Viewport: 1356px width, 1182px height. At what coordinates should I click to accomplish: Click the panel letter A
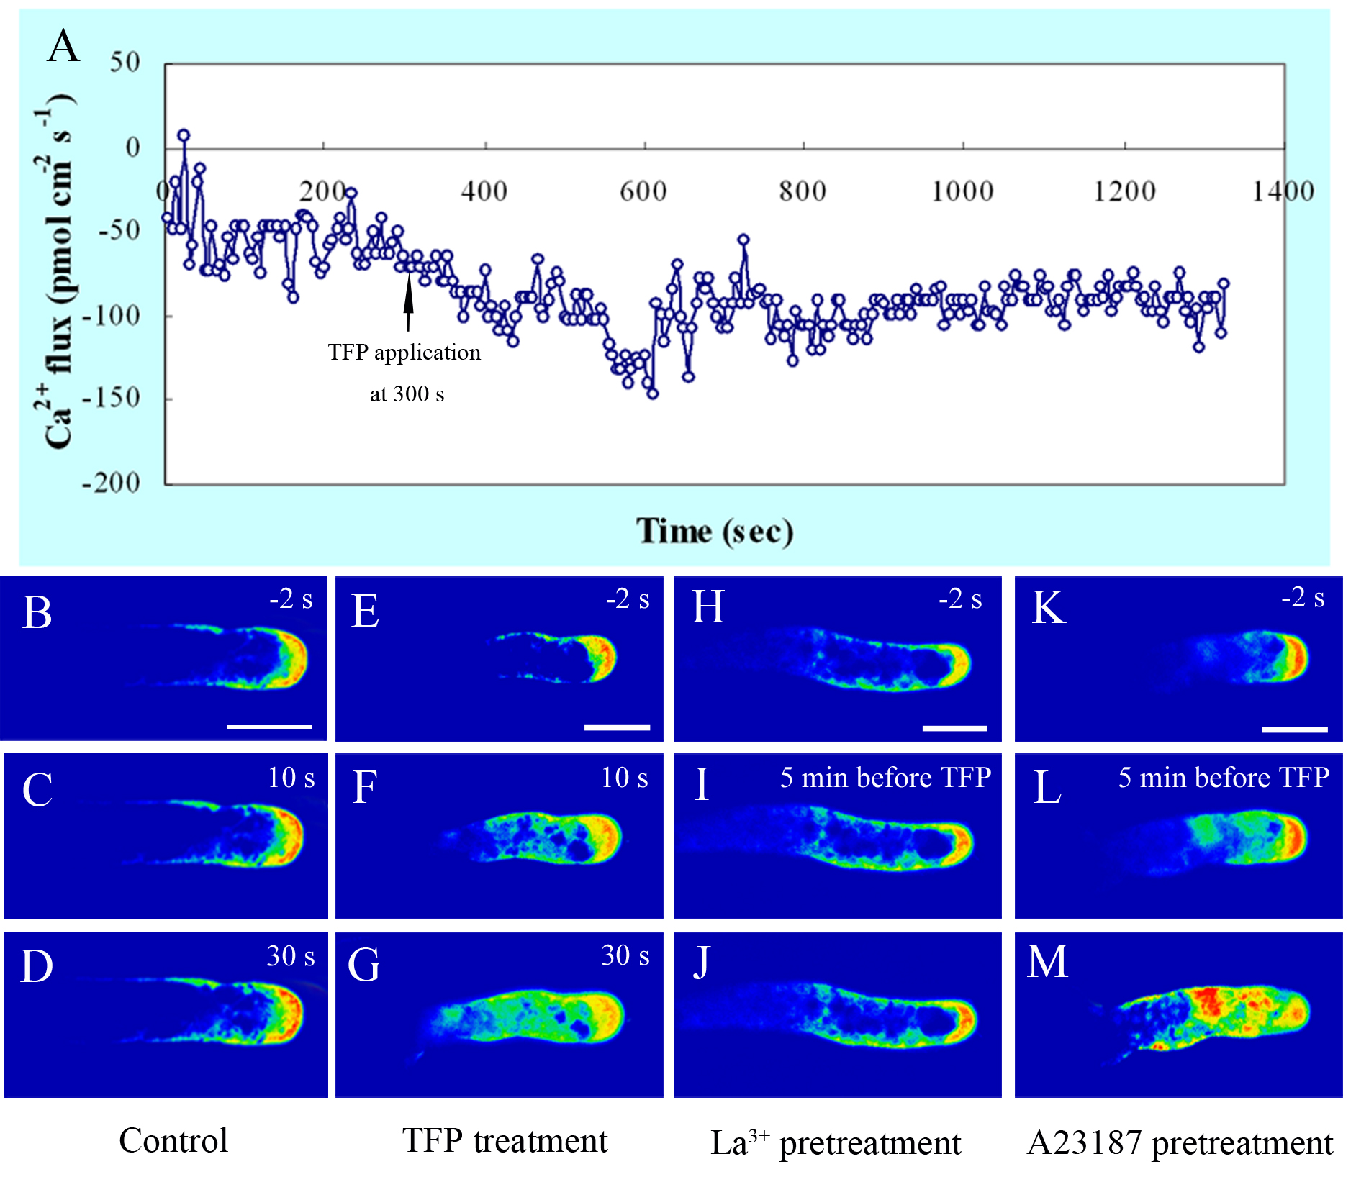(63, 47)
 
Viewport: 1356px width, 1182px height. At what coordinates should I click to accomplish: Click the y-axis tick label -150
(111, 398)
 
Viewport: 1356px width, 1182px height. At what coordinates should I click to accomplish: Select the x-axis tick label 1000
(962, 191)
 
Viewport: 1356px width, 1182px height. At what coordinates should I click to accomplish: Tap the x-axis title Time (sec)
(714, 532)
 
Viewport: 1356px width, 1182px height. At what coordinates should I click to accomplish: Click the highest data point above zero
(184, 135)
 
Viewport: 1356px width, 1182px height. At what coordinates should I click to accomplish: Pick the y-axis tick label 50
(125, 63)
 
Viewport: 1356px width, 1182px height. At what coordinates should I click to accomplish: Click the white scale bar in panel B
(269, 727)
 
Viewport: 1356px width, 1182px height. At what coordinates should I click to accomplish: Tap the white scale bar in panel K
(1294, 729)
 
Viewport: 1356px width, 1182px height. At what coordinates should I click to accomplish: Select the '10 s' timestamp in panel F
(624, 778)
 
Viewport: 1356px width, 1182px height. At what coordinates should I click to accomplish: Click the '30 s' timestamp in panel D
(290, 956)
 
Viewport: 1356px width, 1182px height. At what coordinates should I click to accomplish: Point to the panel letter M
(1047, 962)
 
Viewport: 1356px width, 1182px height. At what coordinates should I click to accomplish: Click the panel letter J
(701, 963)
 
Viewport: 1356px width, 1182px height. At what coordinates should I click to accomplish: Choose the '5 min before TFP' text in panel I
(885, 778)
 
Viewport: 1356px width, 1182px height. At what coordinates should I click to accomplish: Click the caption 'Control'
(173, 1141)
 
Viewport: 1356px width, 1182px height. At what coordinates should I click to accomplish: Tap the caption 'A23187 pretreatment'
(1180, 1143)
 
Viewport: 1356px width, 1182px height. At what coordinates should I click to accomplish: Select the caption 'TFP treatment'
(505, 1141)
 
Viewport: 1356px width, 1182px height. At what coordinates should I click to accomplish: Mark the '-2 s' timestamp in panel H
(960, 599)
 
